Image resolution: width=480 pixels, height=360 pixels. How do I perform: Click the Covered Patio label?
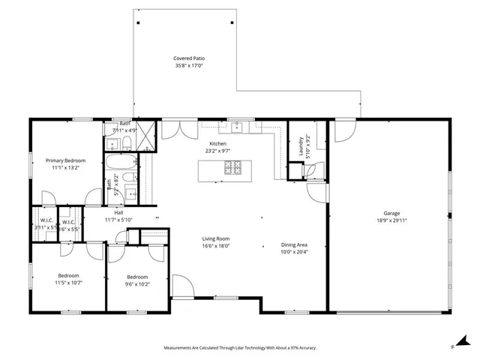point(189,58)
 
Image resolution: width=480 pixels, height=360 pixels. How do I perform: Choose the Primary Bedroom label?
point(65,160)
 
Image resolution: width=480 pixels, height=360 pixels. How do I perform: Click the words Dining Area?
point(294,244)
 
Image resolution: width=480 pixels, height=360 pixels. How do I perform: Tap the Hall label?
point(97,212)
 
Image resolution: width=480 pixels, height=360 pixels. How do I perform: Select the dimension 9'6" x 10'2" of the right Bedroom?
point(138,283)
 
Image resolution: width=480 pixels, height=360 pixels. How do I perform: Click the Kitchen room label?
point(217,143)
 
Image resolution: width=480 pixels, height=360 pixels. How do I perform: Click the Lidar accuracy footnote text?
point(240,348)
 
